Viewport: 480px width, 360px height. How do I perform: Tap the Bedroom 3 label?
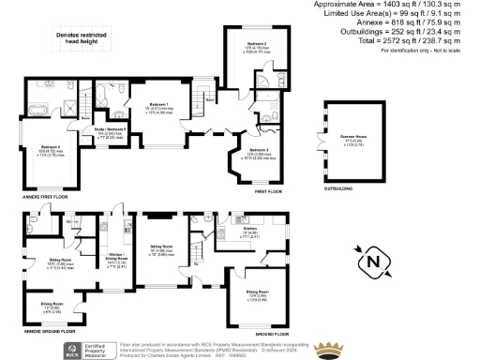click(260, 149)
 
